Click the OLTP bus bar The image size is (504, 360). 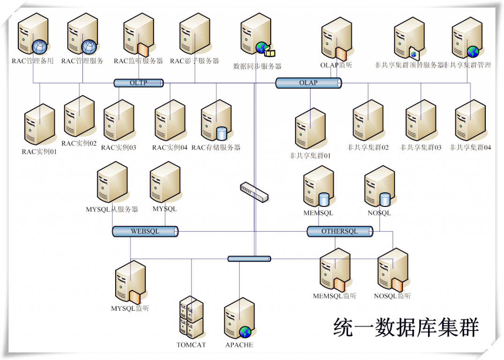(x=139, y=83)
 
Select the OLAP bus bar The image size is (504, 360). (x=309, y=83)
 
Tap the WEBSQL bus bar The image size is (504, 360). (x=145, y=231)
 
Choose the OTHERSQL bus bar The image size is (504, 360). (x=340, y=231)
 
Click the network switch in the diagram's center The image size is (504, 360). (x=254, y=192)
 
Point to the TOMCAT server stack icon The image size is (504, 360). (x=191, y=317)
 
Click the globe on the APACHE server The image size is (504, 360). (x=245, y=332)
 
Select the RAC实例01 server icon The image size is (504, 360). (x=39, y=124)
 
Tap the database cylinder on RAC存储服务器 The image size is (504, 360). (x=222, y=133)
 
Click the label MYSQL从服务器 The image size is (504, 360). (x=112, y=209)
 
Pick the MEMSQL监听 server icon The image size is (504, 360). (x=335, y=270)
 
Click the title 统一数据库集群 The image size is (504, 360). (x=406, y=327)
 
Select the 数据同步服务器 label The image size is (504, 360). (x=257, y=66)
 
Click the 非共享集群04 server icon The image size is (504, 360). (x=470, y=120)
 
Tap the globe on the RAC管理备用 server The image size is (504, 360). (x=39, y=47)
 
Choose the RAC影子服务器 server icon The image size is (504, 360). (x=195, y=33)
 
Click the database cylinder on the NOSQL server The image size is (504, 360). (x=385, y=199)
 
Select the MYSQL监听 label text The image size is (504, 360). (x=130, y=309)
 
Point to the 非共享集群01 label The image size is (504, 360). (x=310, y=156)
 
